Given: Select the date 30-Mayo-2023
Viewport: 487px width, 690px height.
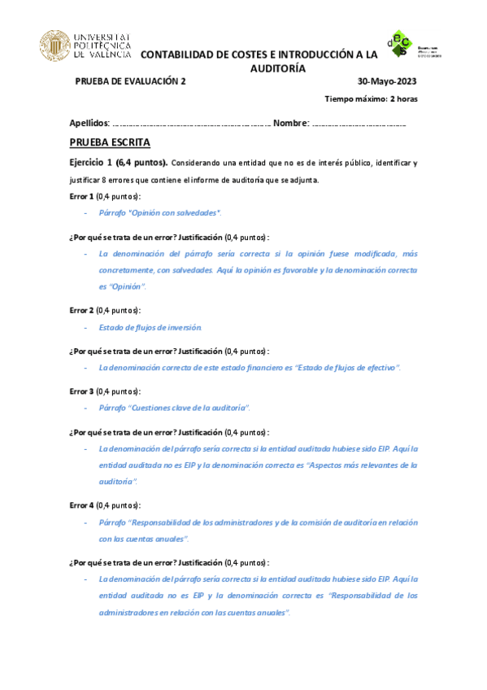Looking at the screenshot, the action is tap(388, 81).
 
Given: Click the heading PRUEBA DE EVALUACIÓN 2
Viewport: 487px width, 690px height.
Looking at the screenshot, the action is tap(131, 81).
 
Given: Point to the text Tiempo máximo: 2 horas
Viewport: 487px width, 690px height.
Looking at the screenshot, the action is tap(372, 99).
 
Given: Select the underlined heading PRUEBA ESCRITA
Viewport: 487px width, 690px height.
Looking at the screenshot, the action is tap(105, 142).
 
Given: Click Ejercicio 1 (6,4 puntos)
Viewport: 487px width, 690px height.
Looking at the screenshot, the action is tap(119, 163).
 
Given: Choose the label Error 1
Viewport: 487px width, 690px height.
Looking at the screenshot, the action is tap(82, 196).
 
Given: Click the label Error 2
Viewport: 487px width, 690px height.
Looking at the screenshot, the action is tap(82, 310).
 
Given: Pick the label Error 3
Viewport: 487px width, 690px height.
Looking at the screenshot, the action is tap(82, 390).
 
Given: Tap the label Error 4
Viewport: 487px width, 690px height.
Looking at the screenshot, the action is tap(82, 505).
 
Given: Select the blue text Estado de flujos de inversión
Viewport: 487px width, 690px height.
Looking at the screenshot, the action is tap(150, 327).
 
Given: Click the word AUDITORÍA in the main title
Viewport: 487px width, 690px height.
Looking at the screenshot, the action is tap(277, 68).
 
